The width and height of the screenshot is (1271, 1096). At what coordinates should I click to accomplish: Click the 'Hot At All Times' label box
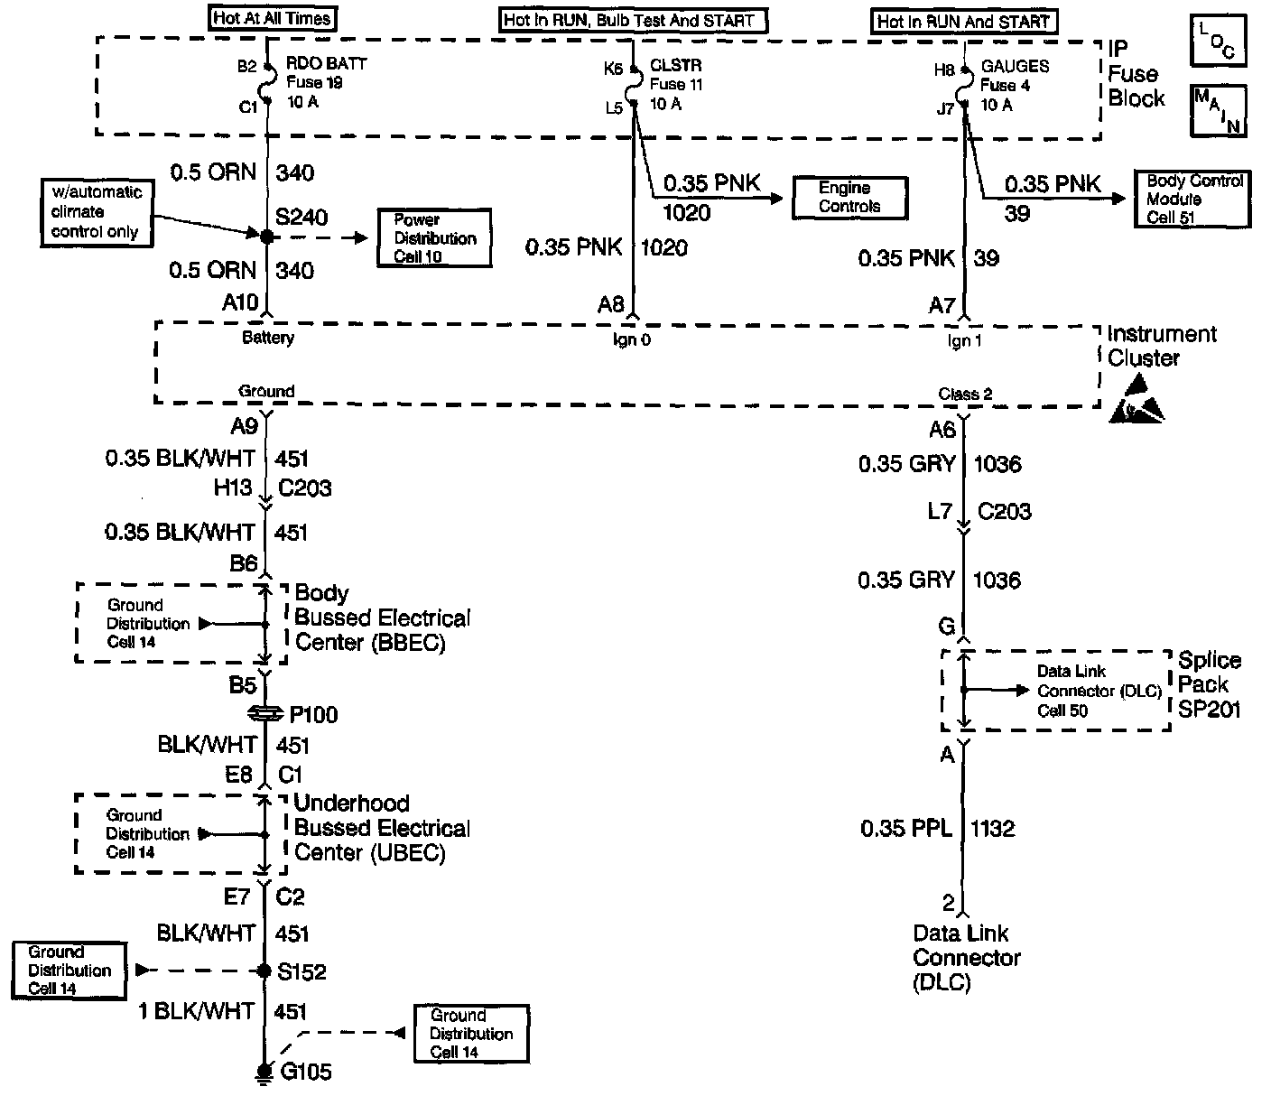272,18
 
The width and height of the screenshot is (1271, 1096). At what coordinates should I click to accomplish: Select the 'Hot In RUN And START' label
965,22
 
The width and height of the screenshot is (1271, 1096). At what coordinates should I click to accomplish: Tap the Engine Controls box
849,198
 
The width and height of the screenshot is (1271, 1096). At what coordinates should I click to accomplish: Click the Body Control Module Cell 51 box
1193,200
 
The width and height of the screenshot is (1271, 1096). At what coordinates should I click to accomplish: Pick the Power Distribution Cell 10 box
434,238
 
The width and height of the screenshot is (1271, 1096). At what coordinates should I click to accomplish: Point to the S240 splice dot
266,237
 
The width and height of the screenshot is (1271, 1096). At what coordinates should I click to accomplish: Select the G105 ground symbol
264,1072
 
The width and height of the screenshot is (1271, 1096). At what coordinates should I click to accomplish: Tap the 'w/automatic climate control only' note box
96,212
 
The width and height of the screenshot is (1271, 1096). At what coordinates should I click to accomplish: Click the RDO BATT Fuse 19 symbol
266,87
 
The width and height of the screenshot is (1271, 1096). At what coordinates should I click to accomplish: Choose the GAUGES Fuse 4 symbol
964,88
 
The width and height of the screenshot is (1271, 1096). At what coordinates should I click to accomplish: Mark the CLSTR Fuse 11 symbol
633,87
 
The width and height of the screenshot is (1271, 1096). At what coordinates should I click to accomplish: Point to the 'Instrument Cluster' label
1161,346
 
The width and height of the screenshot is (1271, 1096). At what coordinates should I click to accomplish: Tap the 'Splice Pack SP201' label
1209,684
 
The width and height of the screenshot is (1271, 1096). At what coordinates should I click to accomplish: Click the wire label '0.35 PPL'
905,828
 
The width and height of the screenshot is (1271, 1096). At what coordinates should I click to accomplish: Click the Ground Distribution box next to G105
470,1034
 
